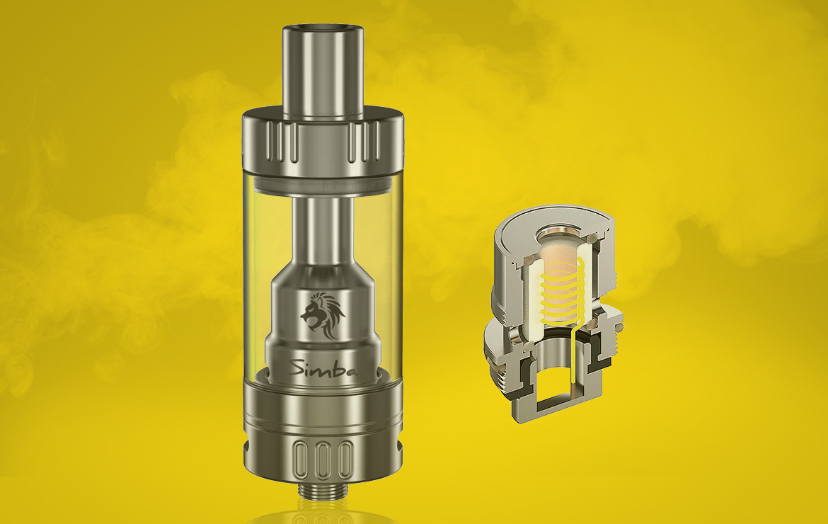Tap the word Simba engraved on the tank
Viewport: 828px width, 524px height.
point(324,368)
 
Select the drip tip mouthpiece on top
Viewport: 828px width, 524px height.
point(323,72)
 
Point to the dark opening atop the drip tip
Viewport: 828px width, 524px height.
point(323,27)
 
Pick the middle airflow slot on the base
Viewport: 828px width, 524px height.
point(323,459)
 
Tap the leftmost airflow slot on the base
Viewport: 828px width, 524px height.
point(301,459)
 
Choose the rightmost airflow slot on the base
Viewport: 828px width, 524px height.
point(345,459)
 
